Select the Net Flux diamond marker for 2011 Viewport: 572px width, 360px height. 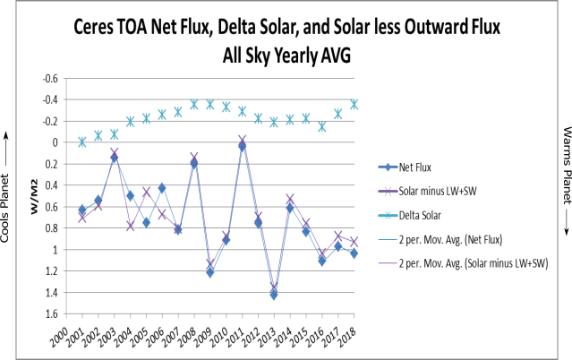[x=242, y=146]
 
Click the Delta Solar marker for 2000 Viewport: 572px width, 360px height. [x=82, y=141]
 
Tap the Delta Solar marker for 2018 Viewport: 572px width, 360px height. [x=354, y=104]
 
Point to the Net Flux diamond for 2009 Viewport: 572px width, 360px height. [x=210, y=271]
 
